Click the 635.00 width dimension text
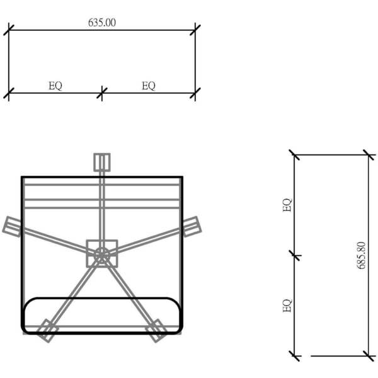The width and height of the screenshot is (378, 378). tap(102, 23)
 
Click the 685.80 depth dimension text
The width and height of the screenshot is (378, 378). tap(361, 255)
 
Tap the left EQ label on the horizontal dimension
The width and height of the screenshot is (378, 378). tap(55, 86)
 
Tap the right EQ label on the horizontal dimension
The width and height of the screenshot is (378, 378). tap(149, 86)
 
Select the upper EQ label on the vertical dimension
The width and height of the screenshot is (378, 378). tap(287, 205)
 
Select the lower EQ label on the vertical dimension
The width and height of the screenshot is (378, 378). tap(287, 306)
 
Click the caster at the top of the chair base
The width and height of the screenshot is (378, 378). tap(102, 163)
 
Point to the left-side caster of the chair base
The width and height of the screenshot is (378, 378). tap(12, 227)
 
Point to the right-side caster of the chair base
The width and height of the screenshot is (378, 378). tap(192, 227)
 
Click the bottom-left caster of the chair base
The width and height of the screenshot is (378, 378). tap(47, 331)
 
